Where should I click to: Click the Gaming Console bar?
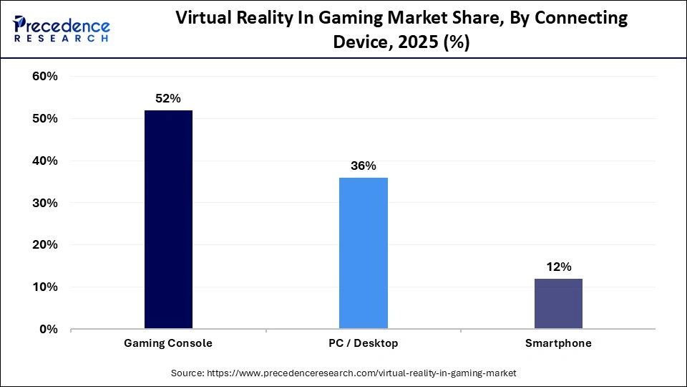click(168, 219)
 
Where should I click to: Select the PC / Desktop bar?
click(363, 253)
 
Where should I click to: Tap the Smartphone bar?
click(558, 303)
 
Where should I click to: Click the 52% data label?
click(168, 98)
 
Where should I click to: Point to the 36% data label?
click(363, 166)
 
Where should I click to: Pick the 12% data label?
click(558, 267)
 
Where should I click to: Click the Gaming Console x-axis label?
click(168, 343)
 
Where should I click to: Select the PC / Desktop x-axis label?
click(363, 343)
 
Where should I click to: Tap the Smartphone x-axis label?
click(558, 343)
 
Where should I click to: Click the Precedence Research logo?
click(61, 29)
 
